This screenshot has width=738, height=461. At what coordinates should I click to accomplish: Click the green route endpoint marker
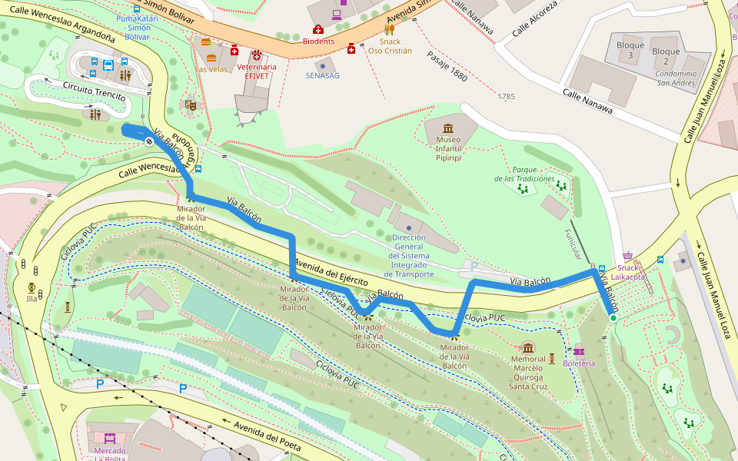click(x=613, y=317)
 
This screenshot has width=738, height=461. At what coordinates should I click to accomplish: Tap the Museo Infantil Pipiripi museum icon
click(x=448, y=128)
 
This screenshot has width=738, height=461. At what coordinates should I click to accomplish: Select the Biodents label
click(x=318, y=41)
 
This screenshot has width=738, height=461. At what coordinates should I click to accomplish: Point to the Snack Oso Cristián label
click(x=389, y=46)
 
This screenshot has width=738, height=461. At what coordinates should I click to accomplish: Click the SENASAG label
click(x=322, y=75)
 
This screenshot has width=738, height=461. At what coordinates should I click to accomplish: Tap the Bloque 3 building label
click(x=630, y=51)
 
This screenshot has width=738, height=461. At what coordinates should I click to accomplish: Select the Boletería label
click(x=578, y=363)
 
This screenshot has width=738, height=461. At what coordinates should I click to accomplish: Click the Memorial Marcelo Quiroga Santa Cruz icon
click(x=527, y=348)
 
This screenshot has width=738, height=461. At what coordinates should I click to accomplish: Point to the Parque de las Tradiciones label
click(x=524, y=174)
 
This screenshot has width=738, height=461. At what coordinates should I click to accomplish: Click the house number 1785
click(x=506, y=97)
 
